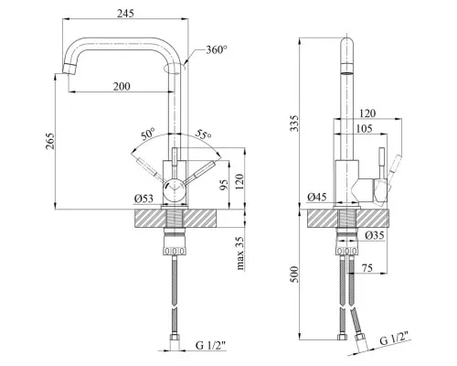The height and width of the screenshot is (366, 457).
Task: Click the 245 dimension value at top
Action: [x=125, y=14]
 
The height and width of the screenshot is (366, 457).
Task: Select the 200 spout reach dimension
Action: [x=122, y=87]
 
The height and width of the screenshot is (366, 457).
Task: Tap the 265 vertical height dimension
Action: [x=50, y=141]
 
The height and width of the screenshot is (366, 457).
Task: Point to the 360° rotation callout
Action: [x=217, y=49]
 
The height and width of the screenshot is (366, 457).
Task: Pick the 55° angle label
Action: [x=204, y=134]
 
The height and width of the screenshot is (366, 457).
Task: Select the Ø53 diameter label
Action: [x=143, y=199]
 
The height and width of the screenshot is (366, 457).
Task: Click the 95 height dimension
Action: [x=224, y=185]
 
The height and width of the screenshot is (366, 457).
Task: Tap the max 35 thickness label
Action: [x=240, y=253]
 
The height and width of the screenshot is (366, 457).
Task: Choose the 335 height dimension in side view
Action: [x=294, y=123]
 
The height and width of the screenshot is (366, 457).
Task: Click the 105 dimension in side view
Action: [x=364, y=129]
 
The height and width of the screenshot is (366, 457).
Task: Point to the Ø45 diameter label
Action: [x=317, y=197]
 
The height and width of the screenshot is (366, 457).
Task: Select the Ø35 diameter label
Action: [x=375, y=235]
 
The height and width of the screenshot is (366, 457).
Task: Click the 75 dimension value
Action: [x=367, y=268]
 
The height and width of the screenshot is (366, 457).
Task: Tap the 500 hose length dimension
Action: [x=294, y=274]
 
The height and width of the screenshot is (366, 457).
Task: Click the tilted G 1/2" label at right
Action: [x=394, y=339]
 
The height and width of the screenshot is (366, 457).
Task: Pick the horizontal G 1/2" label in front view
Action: [x=211, y=345]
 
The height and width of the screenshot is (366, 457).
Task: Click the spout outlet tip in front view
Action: [x=69, y=69]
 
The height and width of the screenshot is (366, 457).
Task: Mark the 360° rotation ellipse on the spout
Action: [x=175, y=69]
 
